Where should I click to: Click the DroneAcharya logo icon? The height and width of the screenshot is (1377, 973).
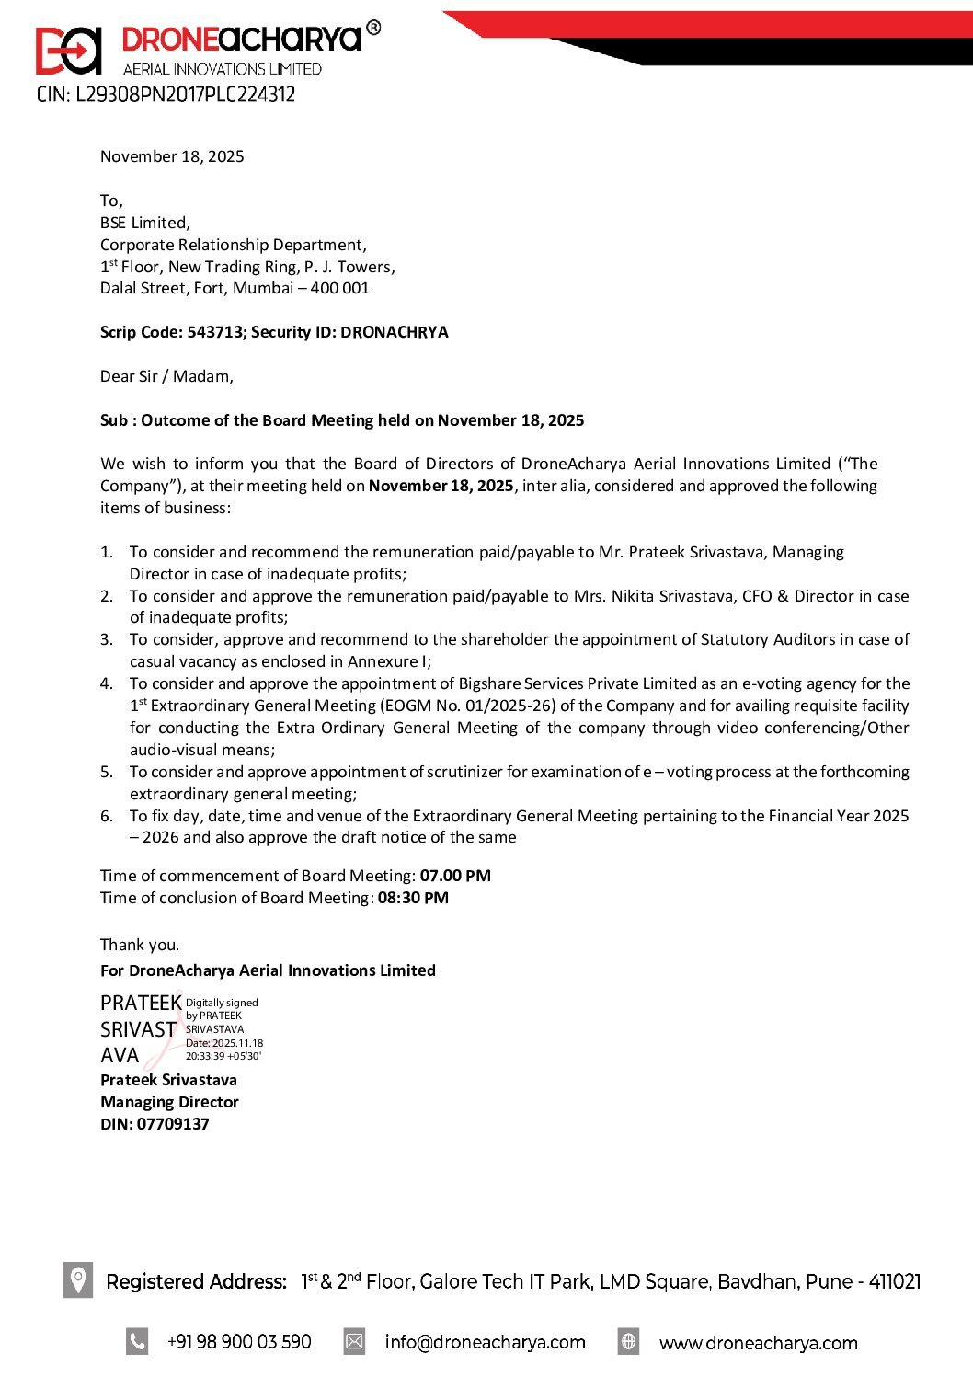pos(68,51)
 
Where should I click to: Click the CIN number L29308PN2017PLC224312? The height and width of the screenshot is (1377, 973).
pos(185,95)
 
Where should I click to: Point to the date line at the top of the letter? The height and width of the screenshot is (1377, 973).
pos(172,156)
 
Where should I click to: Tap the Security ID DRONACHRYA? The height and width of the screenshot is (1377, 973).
pos(394,332)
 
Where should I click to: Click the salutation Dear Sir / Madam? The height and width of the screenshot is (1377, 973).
pos(166,376)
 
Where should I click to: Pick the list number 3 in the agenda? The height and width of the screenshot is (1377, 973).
pos(107,639)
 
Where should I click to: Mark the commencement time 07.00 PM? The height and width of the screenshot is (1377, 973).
pos(455,876)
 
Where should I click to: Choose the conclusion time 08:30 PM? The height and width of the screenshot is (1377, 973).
pos(413,898)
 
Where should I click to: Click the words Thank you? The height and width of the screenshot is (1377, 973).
pos(140,945)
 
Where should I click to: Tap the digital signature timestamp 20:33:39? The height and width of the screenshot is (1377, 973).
pos(205,1056)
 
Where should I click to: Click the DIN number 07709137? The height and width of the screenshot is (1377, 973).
pos(173,1124)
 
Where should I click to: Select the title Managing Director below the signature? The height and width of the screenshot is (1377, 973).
pos(169,1102)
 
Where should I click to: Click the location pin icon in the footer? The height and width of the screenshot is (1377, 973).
pos(78,1279)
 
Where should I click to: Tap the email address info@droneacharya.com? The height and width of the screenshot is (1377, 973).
pos(485,1342)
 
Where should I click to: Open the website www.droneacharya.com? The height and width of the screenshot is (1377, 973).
pos(758,1343)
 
